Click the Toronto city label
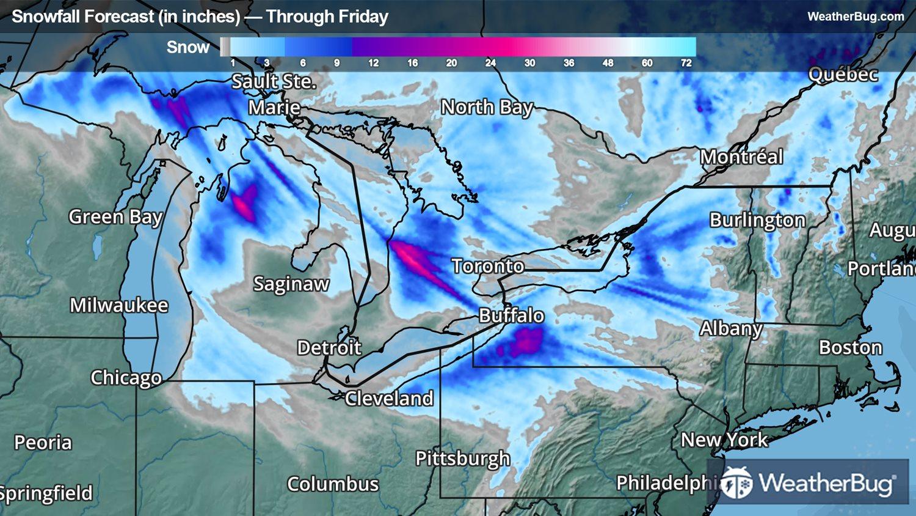(x=488, y=266)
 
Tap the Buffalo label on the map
(x=511, y=315)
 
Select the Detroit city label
(x=329, y=348)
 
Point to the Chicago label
(x=126, y=378)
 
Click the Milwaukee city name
(x=118, y=305)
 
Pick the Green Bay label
(x=115, y=217)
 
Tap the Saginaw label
(x=291, y=284)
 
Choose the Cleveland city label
(x=389, y=399)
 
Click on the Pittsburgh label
(x=462, y=459)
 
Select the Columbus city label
(x=333, y=484)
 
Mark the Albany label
(x=731, y=329)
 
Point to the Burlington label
(x=757, y=220)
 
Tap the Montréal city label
(x=741, y=157)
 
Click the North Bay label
(x=487, y=108)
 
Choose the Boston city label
(x=850, y=348)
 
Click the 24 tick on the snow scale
(x=490, y=63)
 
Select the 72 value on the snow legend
(x=686, y=63)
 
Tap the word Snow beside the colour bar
(x=188, y=47)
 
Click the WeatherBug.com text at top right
(x=856, y=17)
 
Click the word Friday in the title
(x=365, y=17)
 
